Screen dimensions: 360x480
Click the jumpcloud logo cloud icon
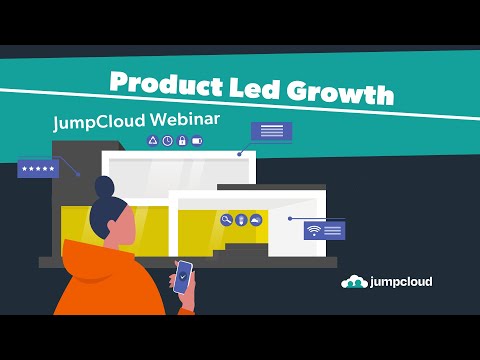[354, 282]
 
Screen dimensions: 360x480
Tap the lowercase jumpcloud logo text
[400, 282]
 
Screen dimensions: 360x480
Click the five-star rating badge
[38, 169]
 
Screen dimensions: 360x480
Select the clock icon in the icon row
[167, 141]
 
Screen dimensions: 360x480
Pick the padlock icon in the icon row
[182, 141]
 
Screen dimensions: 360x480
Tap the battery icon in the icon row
[197, 141]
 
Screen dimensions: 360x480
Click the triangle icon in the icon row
[153, 141]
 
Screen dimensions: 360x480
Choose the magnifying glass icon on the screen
[227, 220]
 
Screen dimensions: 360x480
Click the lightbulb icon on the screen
[241, 220]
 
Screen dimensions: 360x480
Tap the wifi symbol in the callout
[313, 230]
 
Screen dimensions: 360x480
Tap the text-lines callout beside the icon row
[270, 131]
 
